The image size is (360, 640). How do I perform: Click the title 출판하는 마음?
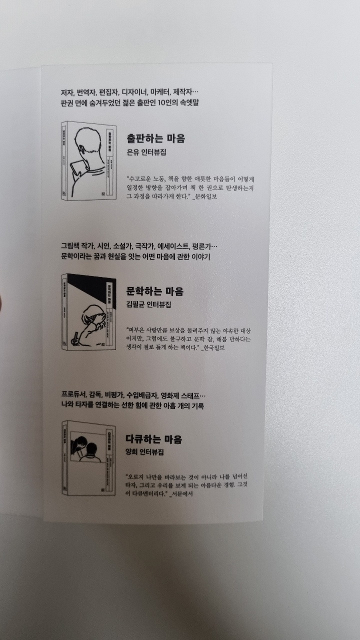coord(155,138)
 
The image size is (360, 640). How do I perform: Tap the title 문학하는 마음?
coord(155,291)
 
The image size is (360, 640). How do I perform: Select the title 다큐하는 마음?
coord(154,439)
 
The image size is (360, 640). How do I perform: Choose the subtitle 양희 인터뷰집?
coord(145,452)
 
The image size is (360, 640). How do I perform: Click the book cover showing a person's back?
coord(88,161)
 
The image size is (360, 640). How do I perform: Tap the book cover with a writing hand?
coord(88,312)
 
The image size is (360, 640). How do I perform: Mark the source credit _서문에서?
coord(181,494)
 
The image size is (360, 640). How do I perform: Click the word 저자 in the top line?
coord(66,92)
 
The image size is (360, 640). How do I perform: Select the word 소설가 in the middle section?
coord(121,246)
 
